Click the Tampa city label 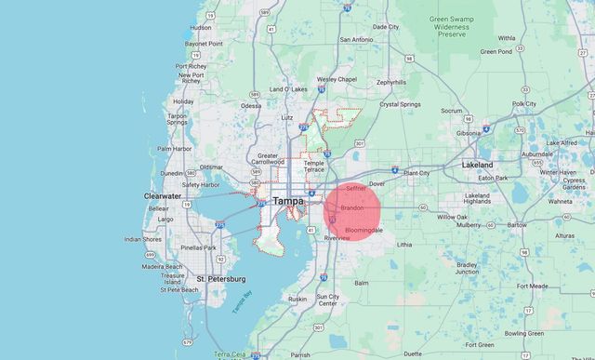288,200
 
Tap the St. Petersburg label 220,278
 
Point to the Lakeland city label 477,165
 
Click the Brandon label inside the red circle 351,207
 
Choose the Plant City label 416,173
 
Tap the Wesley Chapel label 337,79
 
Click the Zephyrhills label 390,82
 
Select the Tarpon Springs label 176,118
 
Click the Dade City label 385,27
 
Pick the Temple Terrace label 314,167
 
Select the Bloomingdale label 364,229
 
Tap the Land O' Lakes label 288,88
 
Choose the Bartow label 517,224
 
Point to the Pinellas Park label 198,247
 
